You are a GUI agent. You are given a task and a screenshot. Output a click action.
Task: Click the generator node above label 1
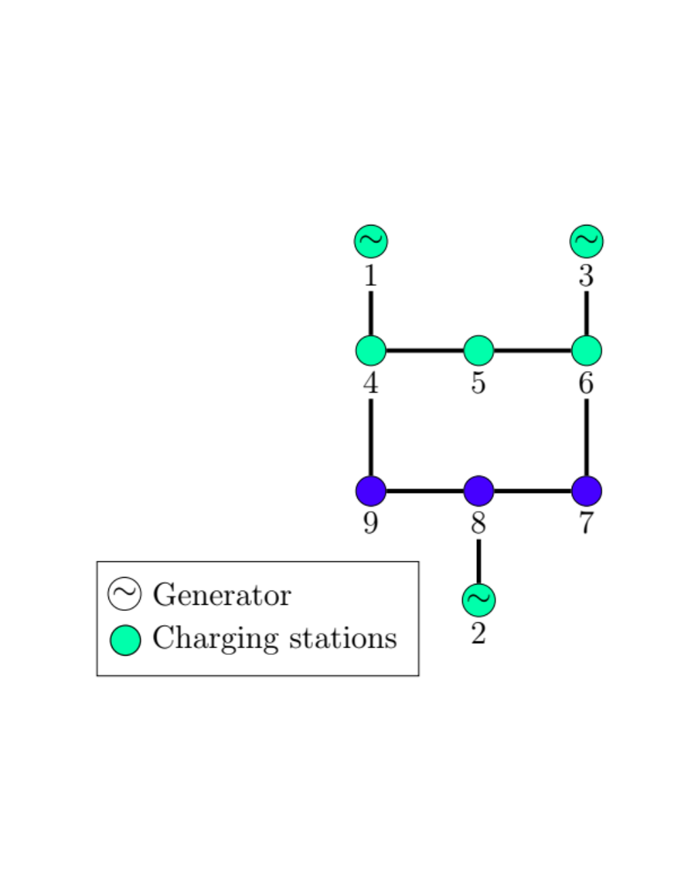[x=371, y=241]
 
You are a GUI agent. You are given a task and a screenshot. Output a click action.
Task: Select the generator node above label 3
[x=587, y=241]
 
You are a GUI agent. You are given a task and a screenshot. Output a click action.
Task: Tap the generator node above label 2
[x=479, y=600]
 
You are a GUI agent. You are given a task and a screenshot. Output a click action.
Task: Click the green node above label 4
[x=371, y=351]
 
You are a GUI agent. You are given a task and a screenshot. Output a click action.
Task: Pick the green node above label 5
[x=479, y=351]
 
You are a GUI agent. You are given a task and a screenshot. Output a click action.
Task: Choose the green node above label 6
[x=587, y=351]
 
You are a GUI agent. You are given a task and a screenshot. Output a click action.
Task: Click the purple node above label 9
[x=371, y=491]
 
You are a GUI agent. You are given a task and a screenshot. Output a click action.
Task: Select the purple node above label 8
[x=479, y=491]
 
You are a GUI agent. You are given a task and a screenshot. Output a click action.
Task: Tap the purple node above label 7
[x=587, y=491]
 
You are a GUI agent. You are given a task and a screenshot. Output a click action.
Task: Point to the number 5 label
[x=478, y=383]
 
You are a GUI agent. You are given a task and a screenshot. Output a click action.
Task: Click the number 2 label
[x=478, y=634]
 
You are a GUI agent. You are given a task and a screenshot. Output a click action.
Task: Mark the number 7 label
[x=587, y=524]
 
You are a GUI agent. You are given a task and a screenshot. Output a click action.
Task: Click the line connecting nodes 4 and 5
[x=425, y=351]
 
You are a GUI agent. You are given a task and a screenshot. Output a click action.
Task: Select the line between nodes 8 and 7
[x=532, y=491]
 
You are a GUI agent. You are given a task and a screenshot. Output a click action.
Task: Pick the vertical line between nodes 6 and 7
[x=587, y=438]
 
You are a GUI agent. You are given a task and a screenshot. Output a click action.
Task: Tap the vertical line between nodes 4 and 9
[x=371, y=438]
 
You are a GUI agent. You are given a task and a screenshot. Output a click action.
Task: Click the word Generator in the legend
[x=222, y=595]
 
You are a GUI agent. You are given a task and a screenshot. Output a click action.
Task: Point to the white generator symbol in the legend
[x=125, y=594]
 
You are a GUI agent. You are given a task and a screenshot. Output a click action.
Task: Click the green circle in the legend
[x=125, y=641]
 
